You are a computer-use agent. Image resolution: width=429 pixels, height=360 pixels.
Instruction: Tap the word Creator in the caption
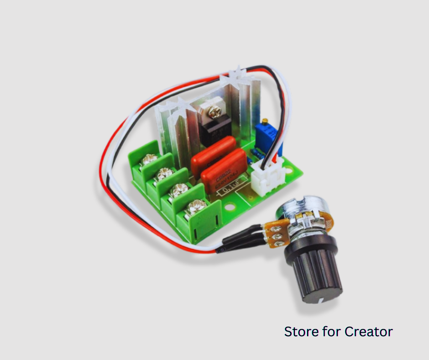click(369, 331)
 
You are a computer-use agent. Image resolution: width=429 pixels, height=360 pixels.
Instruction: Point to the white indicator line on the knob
click(322, 299)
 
